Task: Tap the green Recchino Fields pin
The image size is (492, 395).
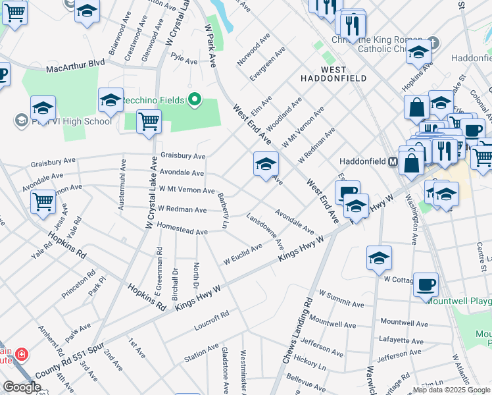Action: [x=194, y=101]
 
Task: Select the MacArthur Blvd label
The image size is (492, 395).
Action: [x=76, y=68]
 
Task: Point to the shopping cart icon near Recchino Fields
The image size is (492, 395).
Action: [x=149, y=122]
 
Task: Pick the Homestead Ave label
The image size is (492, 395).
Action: [x=182, y=231]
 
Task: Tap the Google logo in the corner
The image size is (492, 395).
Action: [x=22, y=387]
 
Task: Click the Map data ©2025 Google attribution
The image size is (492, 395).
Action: [x=451, y=390]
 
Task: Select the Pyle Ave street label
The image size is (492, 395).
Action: [x=184, y=61]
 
